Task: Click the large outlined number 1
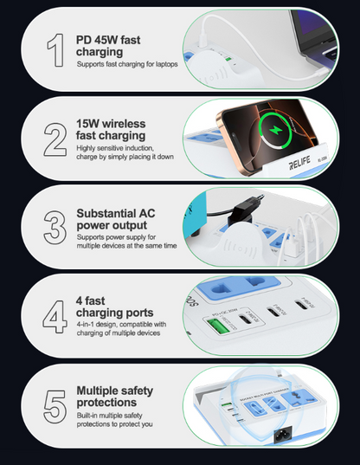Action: (55, 50)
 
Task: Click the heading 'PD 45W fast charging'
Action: (108, 45)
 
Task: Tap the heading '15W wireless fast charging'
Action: (117, 130)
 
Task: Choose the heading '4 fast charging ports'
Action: (115, 307)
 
